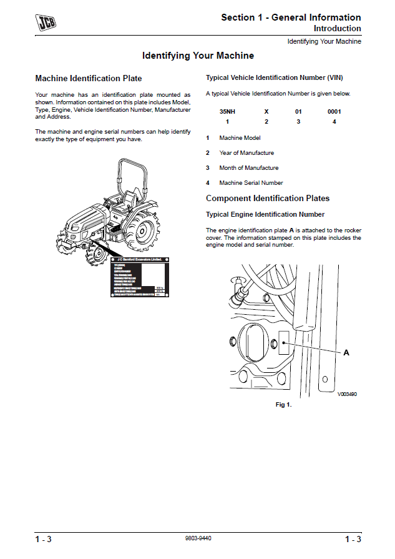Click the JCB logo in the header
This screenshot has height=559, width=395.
(44, 23)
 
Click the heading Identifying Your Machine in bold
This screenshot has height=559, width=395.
(198, 56)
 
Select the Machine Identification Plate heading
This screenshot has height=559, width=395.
(89, 79)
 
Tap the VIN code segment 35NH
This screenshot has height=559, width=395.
(227, 111)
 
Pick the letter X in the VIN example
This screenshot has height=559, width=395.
(266, 111)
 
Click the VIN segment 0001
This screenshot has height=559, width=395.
(334, 111)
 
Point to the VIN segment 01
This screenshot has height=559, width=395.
(298, 111)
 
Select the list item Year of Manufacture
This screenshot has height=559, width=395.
(246, 153)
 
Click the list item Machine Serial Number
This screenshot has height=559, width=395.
(251, 183)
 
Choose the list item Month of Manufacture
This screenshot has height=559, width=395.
(248, 168)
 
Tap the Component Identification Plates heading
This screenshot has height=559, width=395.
(268, 199)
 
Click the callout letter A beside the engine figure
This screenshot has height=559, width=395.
(346, 353)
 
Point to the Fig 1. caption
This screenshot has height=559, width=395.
(283, 405)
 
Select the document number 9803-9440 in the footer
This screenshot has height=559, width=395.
(198, 538)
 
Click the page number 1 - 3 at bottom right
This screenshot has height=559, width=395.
(353, 539)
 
